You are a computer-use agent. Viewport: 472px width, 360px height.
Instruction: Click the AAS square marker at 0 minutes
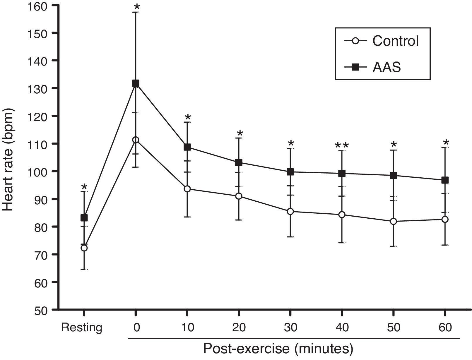tap(136, 83)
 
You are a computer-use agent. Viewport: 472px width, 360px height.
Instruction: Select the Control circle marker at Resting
tap(84, 248)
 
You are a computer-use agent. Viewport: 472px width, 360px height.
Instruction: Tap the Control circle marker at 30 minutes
tap(290, 211)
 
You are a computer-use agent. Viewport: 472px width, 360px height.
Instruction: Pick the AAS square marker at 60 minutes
tap(445, 180)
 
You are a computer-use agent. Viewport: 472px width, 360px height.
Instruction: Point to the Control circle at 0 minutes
tap(136, 140)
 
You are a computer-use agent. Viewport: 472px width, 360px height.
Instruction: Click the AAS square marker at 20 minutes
tap(239, 162)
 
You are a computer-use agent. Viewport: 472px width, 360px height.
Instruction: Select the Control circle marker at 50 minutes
tap(393, 222)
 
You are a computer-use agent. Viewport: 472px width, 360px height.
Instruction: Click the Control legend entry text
tap(395, 41)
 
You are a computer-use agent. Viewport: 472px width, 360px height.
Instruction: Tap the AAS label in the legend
tap(387, 68)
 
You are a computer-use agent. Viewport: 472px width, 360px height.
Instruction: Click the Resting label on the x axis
tap(82, 328)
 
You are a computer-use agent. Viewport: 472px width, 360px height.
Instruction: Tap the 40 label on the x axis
tap(342, 328)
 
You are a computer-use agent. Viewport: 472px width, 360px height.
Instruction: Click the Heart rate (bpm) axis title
tap(9, 160)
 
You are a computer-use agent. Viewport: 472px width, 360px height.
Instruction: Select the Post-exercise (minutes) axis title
tap(278, 349)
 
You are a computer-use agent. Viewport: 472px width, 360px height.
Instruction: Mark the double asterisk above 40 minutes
tap(342, 145)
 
